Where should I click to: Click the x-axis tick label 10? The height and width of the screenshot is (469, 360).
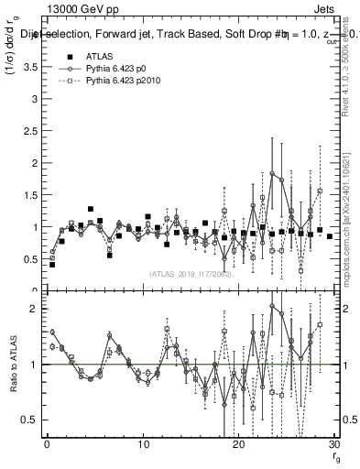pos(143,446)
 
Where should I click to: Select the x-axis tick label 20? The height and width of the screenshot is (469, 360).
pos(238,446)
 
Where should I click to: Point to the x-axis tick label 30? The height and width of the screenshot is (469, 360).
pos(333,446)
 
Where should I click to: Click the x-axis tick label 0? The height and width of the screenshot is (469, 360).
pos(47,446)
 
